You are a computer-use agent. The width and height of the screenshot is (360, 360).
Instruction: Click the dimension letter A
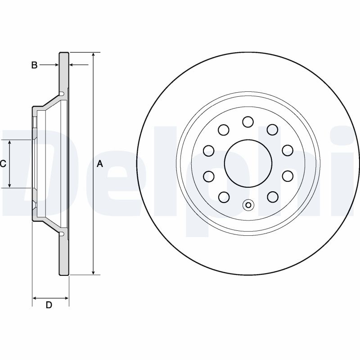(x=100, y=164)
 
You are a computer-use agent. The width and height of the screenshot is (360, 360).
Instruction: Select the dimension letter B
(x=34, y=65)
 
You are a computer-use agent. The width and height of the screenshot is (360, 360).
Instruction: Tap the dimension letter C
(x=3, y=164)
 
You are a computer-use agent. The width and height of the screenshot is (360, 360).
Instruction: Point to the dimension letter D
(x=49, y=305)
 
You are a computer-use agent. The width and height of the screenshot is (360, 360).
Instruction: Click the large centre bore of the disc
(x=247, y=162)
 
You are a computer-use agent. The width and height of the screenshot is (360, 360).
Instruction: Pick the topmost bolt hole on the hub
(x=247, y=121)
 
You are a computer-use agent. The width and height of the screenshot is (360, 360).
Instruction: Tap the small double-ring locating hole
(x=248, y=205)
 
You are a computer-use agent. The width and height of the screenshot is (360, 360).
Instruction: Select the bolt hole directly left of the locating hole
(x=223, y=196)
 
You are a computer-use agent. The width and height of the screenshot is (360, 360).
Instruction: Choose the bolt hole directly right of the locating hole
(x=272, y=196)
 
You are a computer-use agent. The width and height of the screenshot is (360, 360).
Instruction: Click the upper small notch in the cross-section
(x=62, y=94)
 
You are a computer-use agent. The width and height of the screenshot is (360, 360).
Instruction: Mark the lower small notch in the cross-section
(x=62, y=233)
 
